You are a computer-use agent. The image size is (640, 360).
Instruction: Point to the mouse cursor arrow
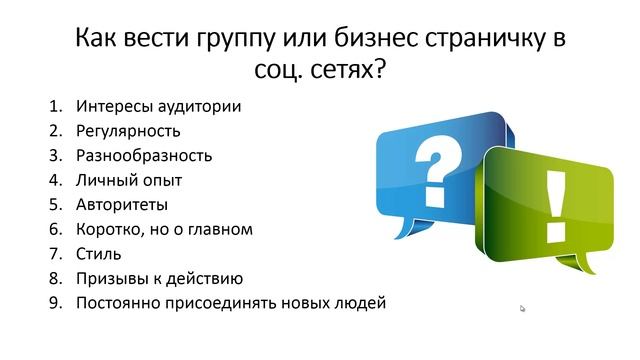[522, 309]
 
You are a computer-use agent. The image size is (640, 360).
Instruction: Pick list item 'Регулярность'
[127, 130]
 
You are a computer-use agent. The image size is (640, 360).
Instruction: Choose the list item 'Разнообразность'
[143, 155]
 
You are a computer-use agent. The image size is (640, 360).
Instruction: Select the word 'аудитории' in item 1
[208, 105]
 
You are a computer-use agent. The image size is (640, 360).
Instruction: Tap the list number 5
[54, 204]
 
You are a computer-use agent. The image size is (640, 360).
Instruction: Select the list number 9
[54, 302]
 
